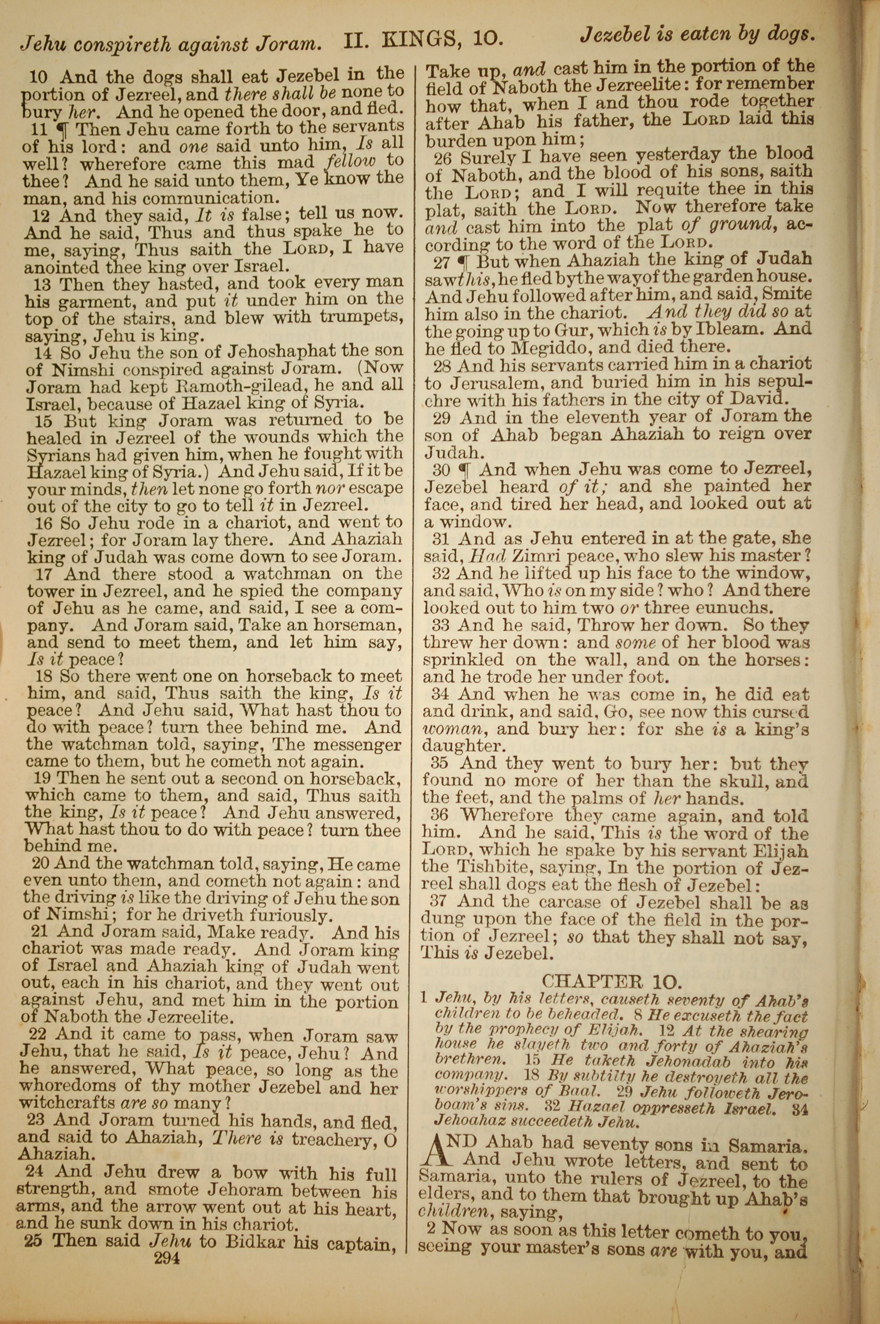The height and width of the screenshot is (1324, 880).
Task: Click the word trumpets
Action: coord(357,317)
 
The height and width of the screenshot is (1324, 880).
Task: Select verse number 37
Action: coord(439,902)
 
